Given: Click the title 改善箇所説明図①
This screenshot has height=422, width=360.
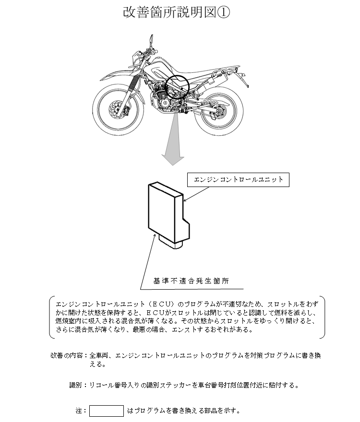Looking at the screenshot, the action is click(x=177, y=13).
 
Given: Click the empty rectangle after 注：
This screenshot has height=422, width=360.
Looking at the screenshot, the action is click(x=107, y=410).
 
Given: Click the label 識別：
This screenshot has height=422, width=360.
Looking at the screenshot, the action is click(x=78, y=385).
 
